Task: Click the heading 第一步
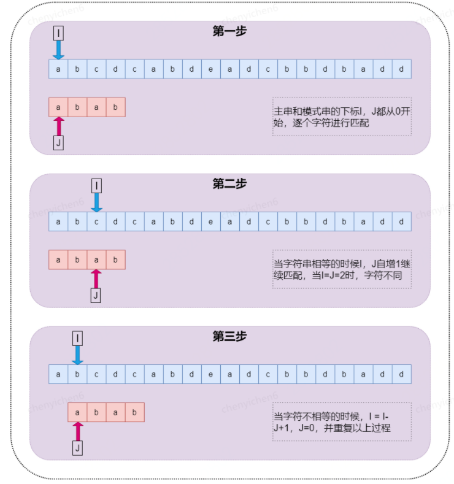pos(229,31)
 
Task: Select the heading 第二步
pos(229,184)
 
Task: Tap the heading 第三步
pos(229,336)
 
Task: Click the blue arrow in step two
pos(96,202)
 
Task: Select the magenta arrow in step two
pos(96,279)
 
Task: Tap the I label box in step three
pos(77,338)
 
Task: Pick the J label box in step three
pos(77,448)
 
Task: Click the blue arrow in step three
pos(77,355)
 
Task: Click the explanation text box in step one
pos(342,117)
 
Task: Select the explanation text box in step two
pos(342,269)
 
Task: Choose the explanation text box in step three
pos(342,422)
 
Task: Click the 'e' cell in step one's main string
pos(210,69)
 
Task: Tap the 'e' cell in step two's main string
pos(210,221)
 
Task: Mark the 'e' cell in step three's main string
pos(210,374)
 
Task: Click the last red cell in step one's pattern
pos(115,107)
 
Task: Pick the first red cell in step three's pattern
pos(77,412)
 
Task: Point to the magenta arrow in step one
pos(59,126)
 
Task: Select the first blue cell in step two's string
pos(58,221)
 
